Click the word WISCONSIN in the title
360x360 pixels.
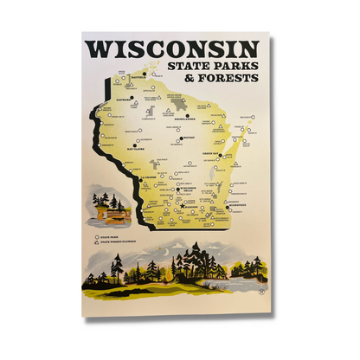tap(170, 48)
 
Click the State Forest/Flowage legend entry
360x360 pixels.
tap(116, 241)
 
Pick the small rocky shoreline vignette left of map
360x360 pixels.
tap(106, 209)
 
